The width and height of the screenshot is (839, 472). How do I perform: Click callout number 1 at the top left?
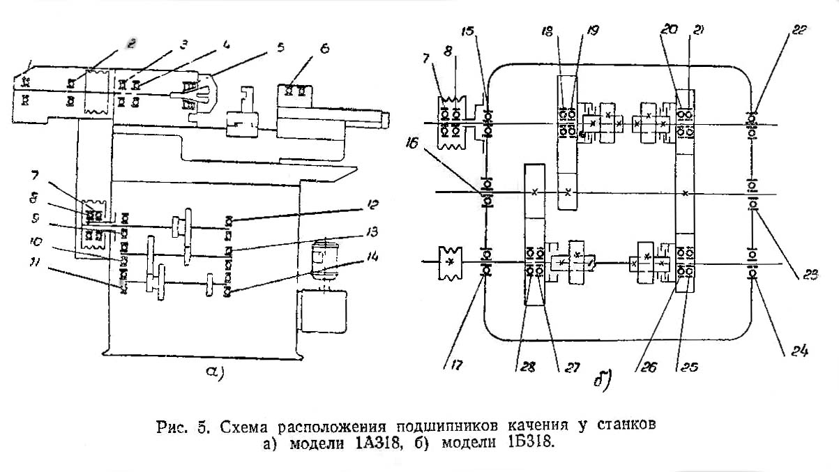click(x=25, y=66)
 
